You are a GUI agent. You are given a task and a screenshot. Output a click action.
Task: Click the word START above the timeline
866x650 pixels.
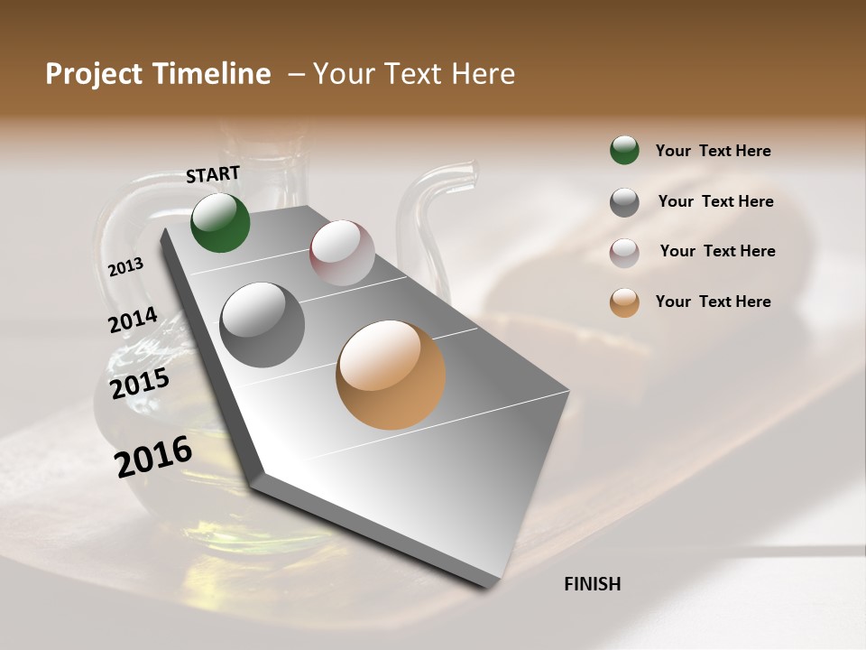pyautogui.click(x=213, y=173)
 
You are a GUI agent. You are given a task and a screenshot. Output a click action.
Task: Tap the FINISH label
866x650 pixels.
pyautogui.click(x=592, y=584)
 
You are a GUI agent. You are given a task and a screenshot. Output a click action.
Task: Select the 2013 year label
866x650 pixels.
pyautogui.click(x=126, y=266)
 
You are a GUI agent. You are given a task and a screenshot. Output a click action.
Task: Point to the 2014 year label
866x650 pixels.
pyautogui.click(x=133, y=320)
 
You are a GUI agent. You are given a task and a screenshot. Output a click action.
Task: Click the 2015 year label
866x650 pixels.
pyautogui.click(x=140, y=384)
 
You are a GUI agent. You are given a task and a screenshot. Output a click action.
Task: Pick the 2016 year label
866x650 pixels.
pyautogui.click(x=153, y=456)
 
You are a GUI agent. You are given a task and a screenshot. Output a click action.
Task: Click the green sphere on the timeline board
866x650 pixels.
pyautogui.click(x=220, y=223)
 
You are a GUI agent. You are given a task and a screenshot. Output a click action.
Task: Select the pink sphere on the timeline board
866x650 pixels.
pyautogui.click(x=342, y=253)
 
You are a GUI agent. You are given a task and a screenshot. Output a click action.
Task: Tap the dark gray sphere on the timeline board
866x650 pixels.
pyautogui.click(x=263, y=325)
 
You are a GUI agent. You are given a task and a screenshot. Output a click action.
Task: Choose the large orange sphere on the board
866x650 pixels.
pyautogui.click(x=391, y=375)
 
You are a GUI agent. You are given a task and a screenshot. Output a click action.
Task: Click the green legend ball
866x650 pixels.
pyautogui.click(x=624, y=150)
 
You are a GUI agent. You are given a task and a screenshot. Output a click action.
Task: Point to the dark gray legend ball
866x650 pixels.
pyautogui.click(x=624, y=202)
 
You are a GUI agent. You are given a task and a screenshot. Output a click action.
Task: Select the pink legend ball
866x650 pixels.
pyautogui.click(x=624, y=253)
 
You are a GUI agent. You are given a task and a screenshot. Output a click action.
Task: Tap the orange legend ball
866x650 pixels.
pyautogui.click(x=624, y=302)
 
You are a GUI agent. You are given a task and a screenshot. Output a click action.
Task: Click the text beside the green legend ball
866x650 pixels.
pyautogui.click(x=713, y=151)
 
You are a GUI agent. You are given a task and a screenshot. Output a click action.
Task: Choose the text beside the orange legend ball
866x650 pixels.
pyautogui.click(x=713, y=302)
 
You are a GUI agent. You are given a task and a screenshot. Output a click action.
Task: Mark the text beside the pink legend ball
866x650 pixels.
pyautogui.click(x=717, y=251)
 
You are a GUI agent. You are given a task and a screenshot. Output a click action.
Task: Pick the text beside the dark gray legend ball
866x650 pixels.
pyautogui.click(x=715, y=201)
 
